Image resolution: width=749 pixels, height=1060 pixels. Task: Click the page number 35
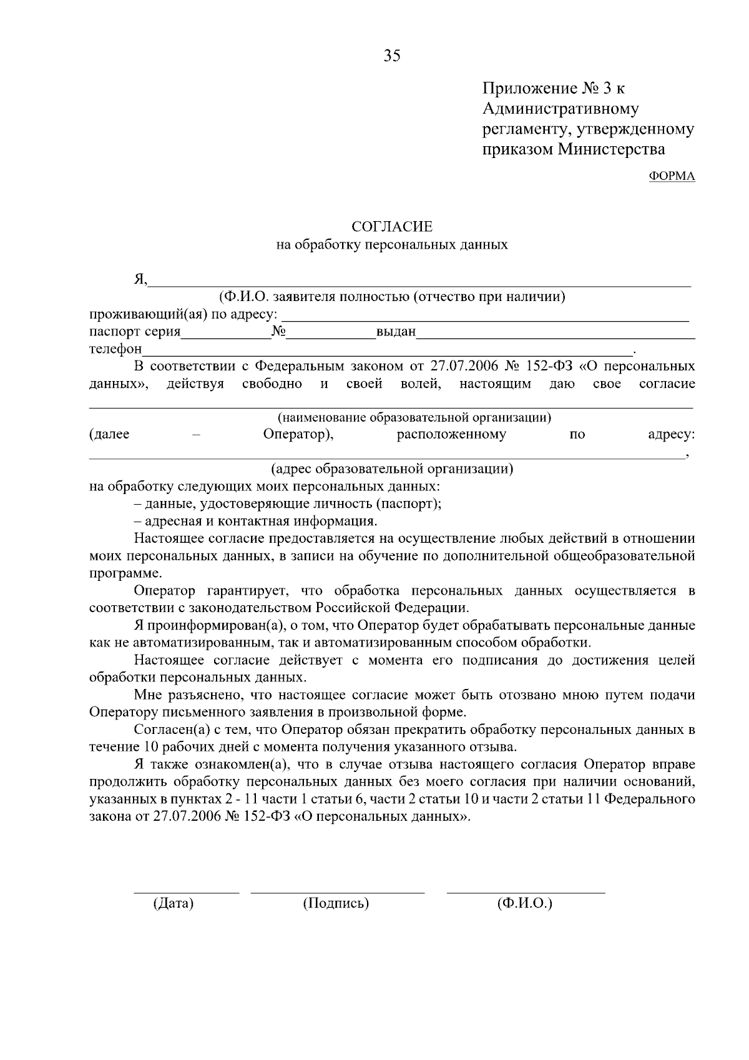[392, 56]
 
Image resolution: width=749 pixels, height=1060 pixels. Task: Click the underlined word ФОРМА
[672, 176]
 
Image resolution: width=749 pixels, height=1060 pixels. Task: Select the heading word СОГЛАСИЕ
[391, 226]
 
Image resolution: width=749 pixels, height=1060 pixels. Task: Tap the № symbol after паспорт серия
[278, 331]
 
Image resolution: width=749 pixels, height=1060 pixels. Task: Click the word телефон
[115, 349]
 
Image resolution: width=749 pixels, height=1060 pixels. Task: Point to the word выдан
[396, 332]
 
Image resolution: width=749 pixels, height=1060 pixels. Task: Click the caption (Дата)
[173, 903]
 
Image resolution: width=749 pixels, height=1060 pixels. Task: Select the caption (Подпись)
[336, 903]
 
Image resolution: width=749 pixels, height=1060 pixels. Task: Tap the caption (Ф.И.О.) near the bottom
[525, 903]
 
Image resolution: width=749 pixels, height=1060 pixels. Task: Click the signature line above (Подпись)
[337, 893]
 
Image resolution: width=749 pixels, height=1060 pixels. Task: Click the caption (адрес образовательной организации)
[392, 468]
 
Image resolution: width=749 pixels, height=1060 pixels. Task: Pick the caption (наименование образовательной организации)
[414, 417]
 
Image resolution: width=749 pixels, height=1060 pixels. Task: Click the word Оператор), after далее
[298, 434]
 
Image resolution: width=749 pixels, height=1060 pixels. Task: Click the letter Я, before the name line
[140, 279]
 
